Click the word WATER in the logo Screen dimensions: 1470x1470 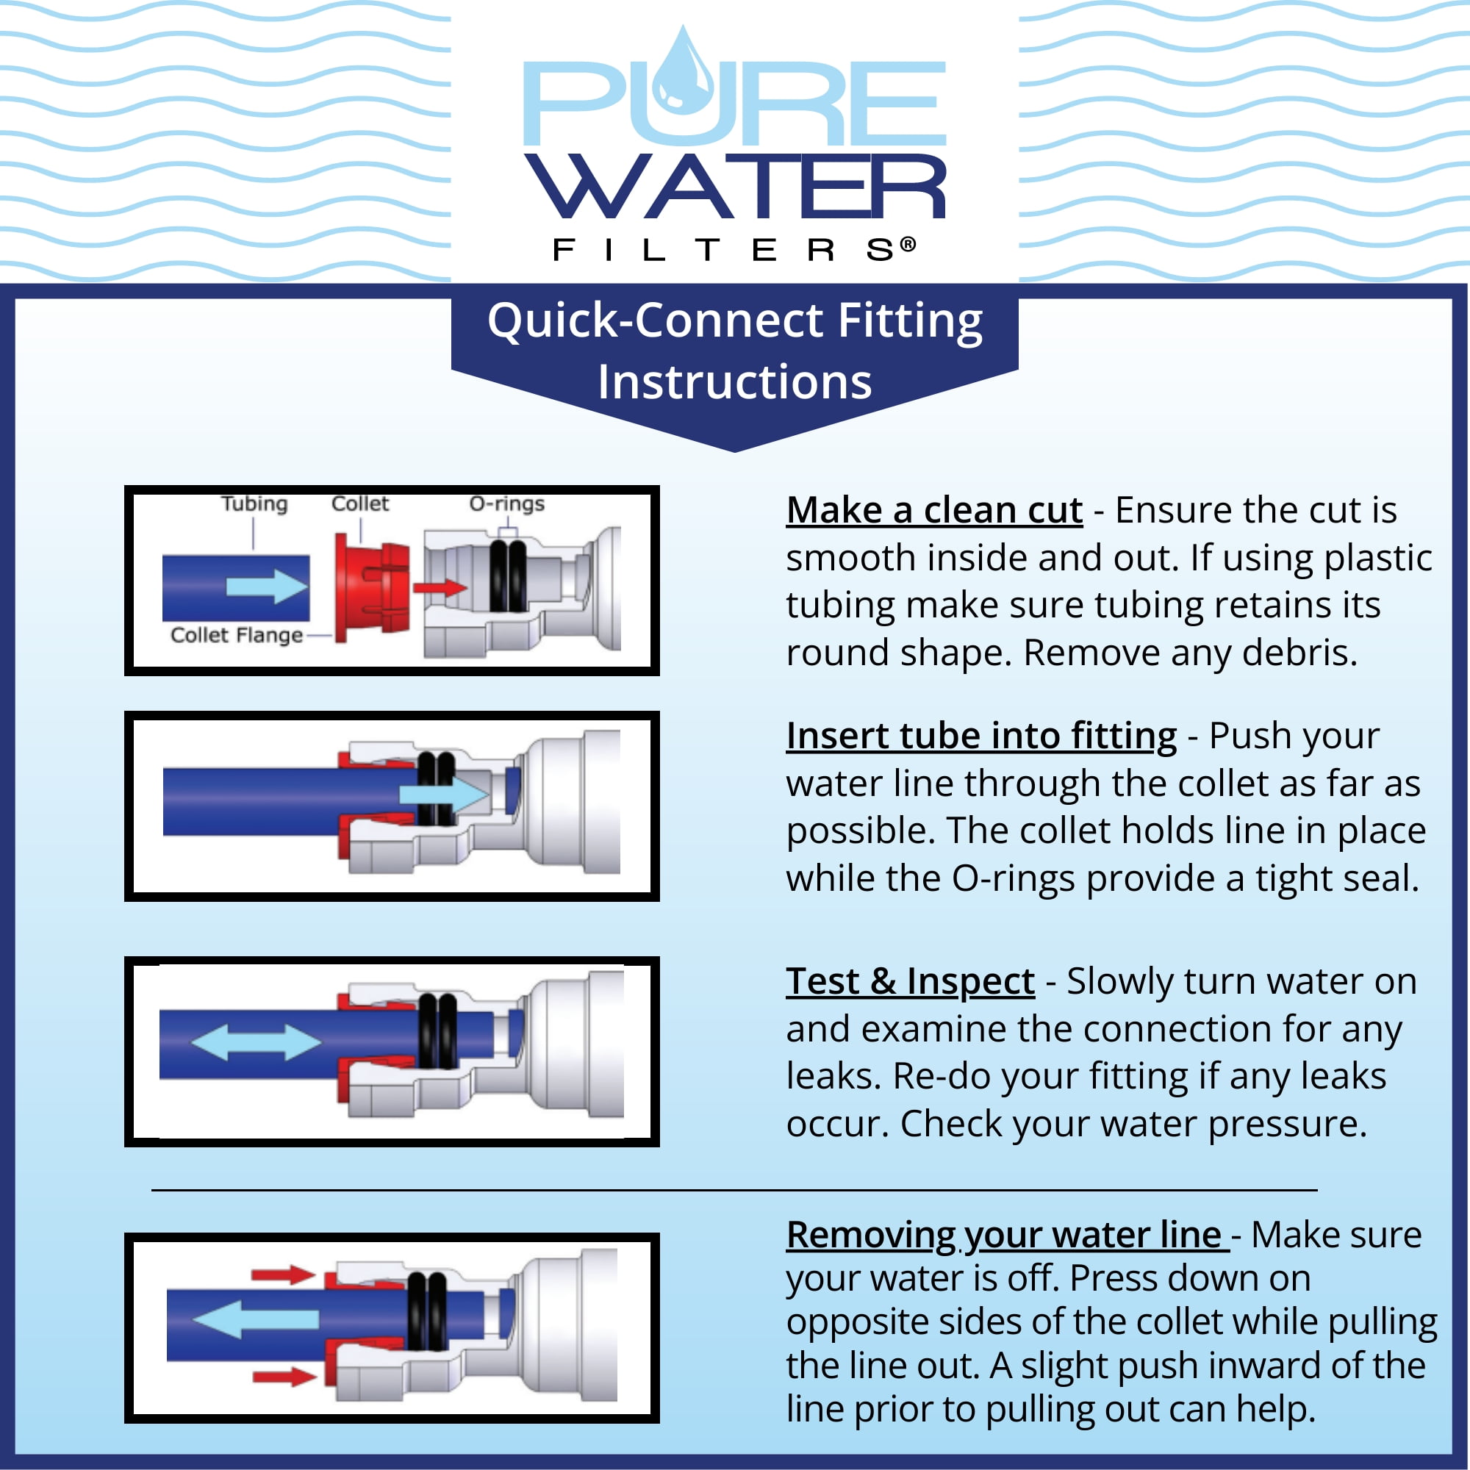pyautogui.click(x=735, y=187)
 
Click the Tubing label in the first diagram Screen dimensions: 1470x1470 pyautogui.click(x=254, y=503)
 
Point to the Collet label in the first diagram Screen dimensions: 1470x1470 pyautogui.click(x=360, y=503)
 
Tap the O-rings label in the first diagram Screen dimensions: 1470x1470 pyautogui.click(x=506, y=503)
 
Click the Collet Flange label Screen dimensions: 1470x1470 pyautogui.click(x=237, y=634)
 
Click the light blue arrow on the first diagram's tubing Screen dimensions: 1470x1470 pyautogui.click(x=267, y=587)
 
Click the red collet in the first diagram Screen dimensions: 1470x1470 pyautogui.click(x=372, y=587)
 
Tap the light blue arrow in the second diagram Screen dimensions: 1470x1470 pyautogui.click(x=445, y=795)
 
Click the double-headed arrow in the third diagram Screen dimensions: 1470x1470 pyautogui.click(x=256, y=1041)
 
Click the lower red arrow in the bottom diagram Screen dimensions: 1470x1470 pyautogui.click(x=284, y=1376)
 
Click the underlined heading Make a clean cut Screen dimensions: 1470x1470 pyautogui.click(x=934, y=511)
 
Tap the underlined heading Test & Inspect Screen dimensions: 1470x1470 pyautogui.click(x=910, y=981)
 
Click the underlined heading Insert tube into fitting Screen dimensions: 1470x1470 pyautogui.click(x=981, y=736)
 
